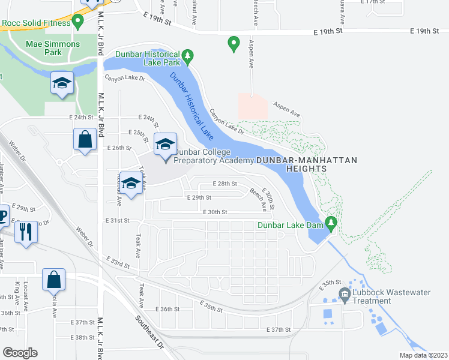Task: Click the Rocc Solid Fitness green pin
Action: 77,22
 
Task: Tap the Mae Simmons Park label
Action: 52,48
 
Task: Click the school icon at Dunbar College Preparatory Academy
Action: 165,144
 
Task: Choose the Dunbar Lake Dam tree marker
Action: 330,223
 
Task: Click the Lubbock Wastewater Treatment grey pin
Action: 345,293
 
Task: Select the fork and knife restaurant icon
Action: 25,231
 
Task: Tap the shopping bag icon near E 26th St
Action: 85,140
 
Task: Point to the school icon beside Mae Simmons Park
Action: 62,84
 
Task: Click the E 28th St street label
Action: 225,184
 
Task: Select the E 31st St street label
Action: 119,221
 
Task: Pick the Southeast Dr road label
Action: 149,332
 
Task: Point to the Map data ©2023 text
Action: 423,355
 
